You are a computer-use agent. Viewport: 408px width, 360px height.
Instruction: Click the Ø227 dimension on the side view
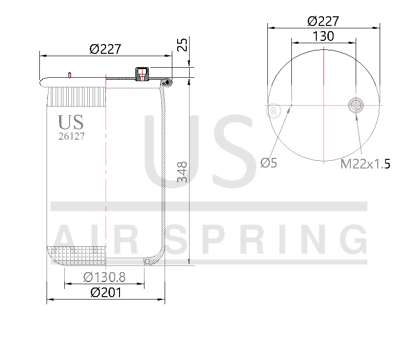pos(105,49)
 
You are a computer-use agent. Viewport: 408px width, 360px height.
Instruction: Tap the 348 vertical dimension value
pos(182,172)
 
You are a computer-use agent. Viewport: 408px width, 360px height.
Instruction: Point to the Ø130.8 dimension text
pos(104,277)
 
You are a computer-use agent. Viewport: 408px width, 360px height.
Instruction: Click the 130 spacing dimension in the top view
pos(323,36)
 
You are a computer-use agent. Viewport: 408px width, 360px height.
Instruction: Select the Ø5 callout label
pos(269,163)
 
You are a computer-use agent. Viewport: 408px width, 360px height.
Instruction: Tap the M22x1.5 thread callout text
pos(365,164)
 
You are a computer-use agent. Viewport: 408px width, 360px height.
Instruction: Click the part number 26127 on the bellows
pos(72,136)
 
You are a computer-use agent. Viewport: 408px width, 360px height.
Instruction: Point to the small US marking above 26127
pos(71,122)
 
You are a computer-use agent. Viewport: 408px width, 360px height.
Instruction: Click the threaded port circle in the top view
pos(356,104)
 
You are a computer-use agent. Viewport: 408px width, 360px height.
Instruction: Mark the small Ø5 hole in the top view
pos(292,104)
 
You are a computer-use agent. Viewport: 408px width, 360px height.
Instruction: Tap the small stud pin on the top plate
pos(70,74)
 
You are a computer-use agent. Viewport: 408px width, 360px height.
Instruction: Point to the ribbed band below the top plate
pos(77,96)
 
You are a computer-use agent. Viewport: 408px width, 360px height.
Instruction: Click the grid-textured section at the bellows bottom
pos(77,255)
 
